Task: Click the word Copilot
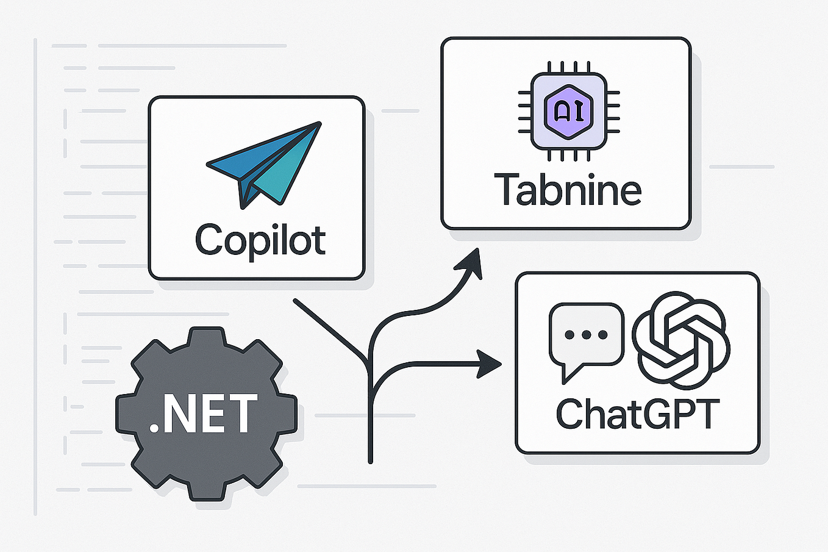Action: tap(260, 240)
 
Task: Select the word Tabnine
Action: tap(568, 190)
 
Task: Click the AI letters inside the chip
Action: tap(568, 112)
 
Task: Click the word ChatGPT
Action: tap(638, 414)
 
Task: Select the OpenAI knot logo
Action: tap(681, 339)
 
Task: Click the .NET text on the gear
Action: tap(204, 414)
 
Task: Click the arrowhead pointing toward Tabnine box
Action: tap(473, 263)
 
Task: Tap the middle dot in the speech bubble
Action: tap(586, 335)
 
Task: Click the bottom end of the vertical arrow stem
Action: tap(370, 460)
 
